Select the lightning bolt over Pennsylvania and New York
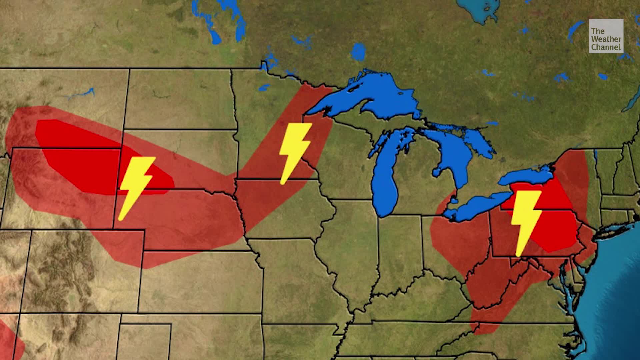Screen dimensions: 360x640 (x=525, y=222)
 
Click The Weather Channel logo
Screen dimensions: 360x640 (x=606, y=36)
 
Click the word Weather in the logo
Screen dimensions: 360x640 (x=606, y=39)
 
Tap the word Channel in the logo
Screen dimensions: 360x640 (x=606, y=47)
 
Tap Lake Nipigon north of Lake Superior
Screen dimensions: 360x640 (x=358, y=52)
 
